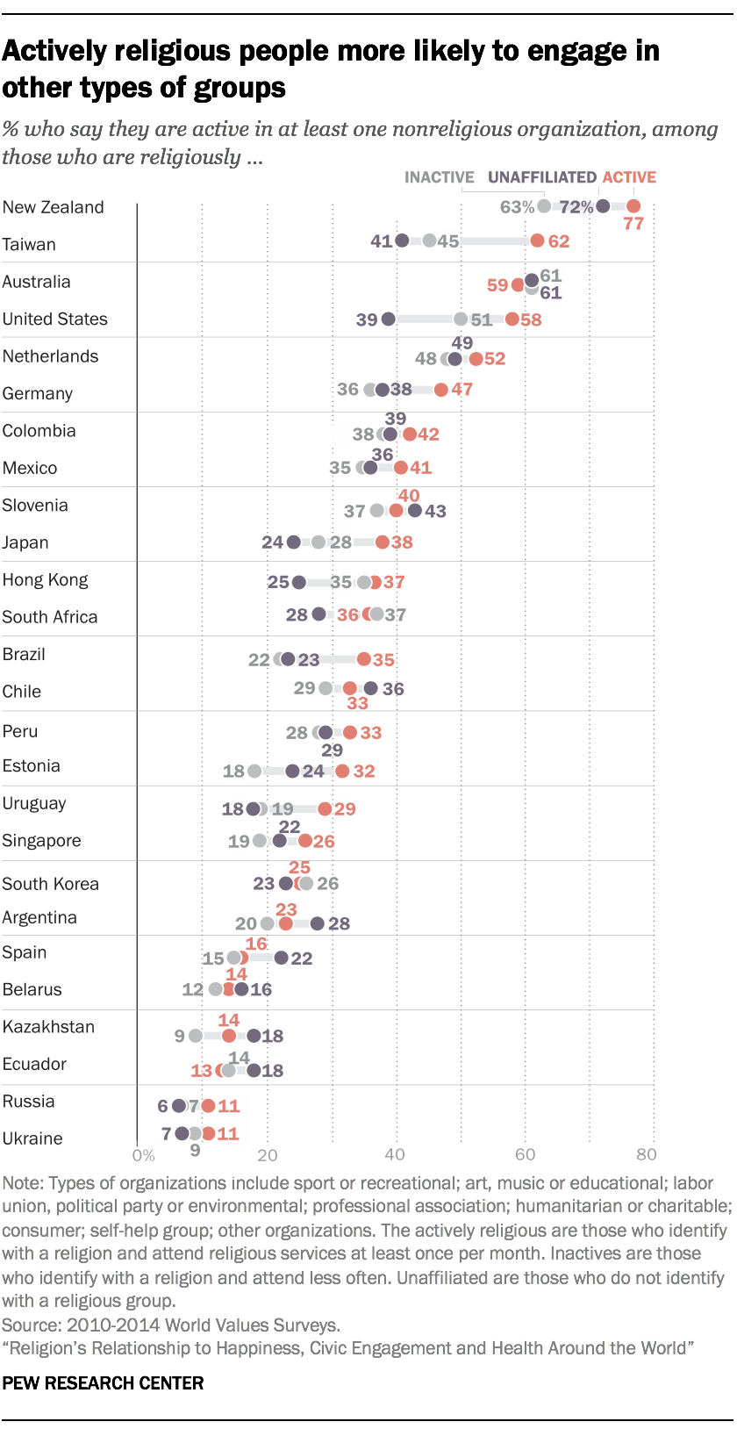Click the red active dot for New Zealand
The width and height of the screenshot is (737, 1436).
coord(633,206)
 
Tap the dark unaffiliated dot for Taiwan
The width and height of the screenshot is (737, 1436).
coord(402,241)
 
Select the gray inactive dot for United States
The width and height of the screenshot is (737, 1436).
coord(461,319)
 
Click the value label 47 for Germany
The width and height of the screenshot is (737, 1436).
coord(462,389)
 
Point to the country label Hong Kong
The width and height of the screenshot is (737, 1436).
coord(45,580)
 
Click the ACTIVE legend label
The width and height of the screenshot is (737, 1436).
coord(629,177)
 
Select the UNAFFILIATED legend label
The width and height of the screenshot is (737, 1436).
coord(541,177)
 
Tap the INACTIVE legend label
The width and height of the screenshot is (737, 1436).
coord(439,177)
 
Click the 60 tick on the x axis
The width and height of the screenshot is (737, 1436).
coord(525,1155)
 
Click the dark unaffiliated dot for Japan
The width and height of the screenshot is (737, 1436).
coord(294,542)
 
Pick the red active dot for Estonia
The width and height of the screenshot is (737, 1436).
coord(342,771)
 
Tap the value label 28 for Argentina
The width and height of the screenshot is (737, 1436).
coord(339,923)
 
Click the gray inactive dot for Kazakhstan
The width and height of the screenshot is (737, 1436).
coord(196,1036)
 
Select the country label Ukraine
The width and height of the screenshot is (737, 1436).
coord(32,1138)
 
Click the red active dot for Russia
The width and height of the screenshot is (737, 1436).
coord(208,1106)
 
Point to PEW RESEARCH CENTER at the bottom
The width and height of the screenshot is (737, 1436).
coord(103,1383)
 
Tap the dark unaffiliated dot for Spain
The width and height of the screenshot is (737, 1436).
coord(281,958)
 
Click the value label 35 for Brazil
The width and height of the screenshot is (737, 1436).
coord(383,659)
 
